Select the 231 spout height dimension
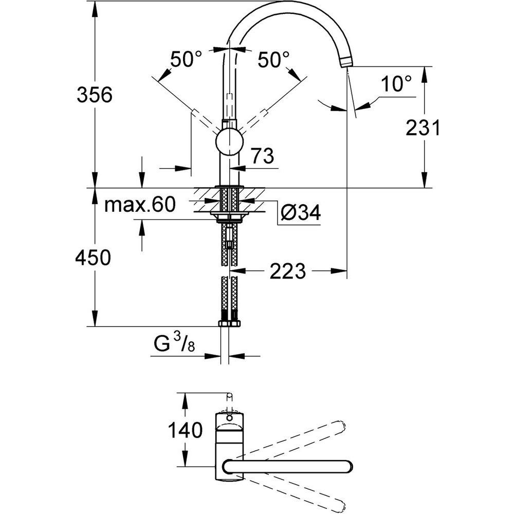click(x=423, y=128)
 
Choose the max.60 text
click(x=140, y=206)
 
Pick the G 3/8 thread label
click(x=174, y=343)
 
